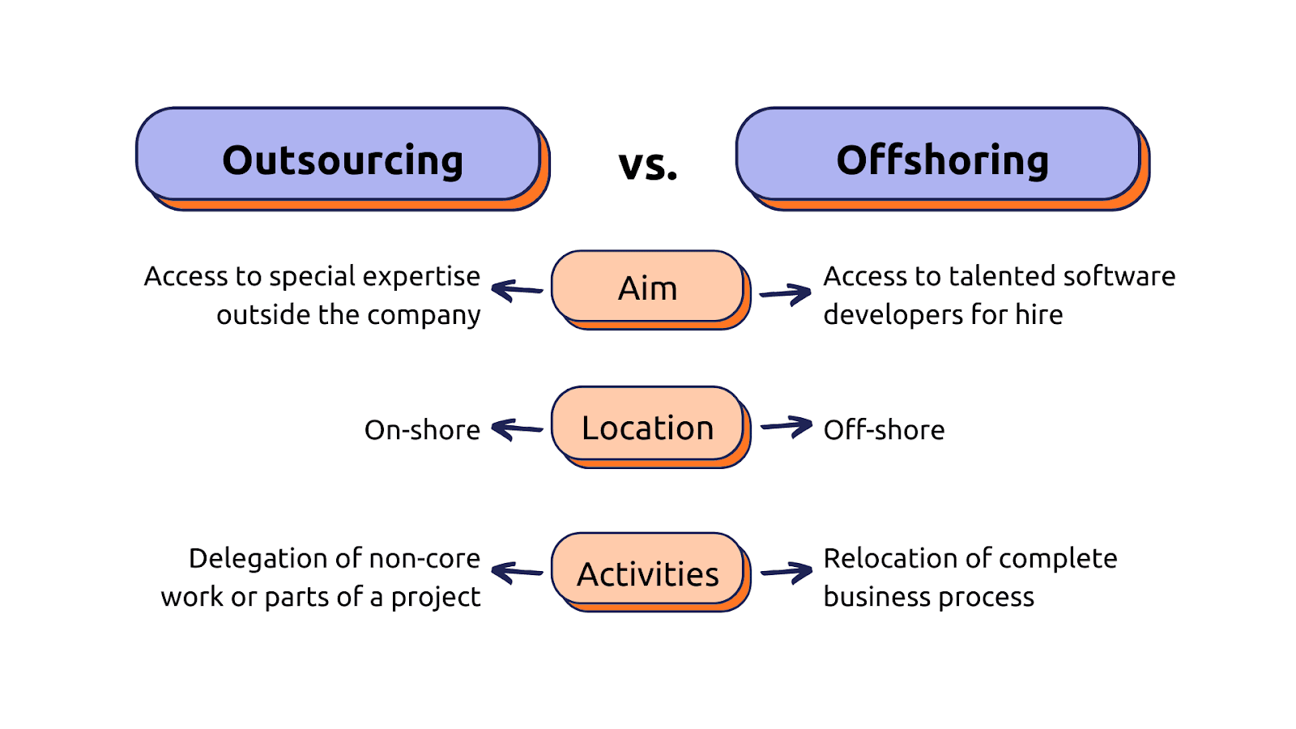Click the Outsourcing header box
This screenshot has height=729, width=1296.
click(343, 159)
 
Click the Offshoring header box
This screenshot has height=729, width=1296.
click(943, 159)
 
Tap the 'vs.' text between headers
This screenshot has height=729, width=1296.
click(647, 165)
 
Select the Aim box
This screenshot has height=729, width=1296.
click(650, 289)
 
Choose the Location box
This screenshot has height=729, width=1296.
click(650, 427)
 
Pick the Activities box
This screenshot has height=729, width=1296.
click(650, 572)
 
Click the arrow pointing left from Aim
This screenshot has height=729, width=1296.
click(517, 291)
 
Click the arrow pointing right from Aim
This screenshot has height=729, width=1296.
click(785, 294)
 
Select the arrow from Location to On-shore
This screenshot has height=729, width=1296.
click(517, 429)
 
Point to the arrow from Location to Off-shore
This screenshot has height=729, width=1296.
click(787, 427)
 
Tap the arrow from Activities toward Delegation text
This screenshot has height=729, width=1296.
click(517, 573)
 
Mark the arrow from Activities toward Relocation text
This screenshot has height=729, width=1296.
click(787, 573)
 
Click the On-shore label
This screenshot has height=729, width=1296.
click(422, 430)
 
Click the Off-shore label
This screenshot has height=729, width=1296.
click(884, 430)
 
